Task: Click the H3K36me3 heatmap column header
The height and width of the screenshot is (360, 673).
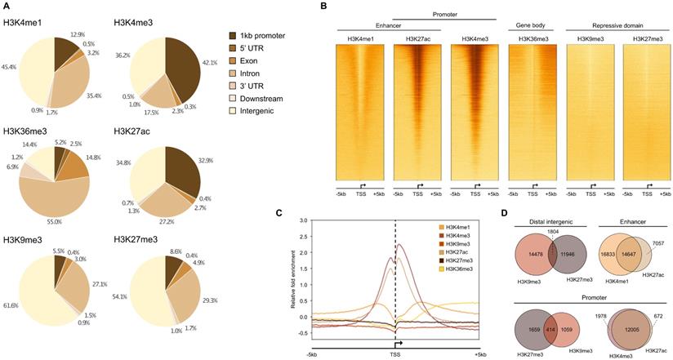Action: [531, 39]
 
